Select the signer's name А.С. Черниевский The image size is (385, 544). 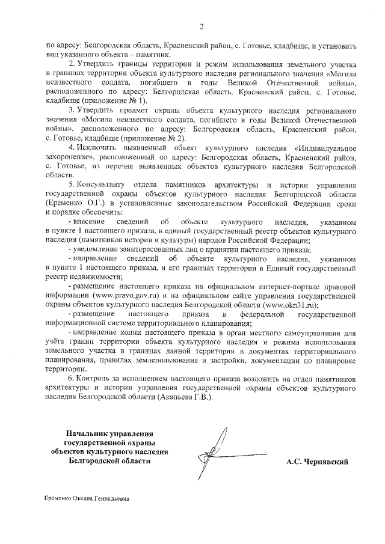[318, 462]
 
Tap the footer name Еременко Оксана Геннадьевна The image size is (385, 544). [87, 499]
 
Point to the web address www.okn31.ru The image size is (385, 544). [291, 305]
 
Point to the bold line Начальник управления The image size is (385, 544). [109, 433]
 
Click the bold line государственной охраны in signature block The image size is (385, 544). [109, 443]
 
